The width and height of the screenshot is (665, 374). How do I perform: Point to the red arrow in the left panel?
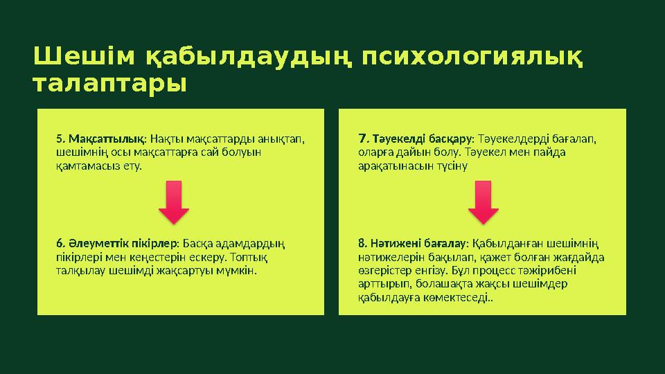pos(179,202)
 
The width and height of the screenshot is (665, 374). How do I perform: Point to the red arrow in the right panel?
pos(484,202)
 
